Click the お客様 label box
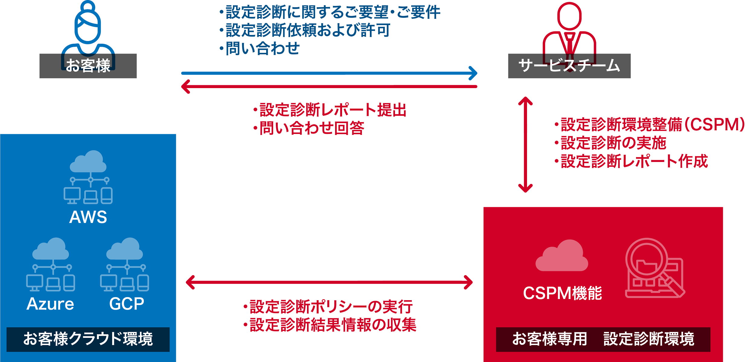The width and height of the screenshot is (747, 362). click(88, 66)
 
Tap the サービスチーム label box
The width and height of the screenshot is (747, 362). click(569, 66)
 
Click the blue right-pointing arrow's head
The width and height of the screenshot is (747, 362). click(473, 73)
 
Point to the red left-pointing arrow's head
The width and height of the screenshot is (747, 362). click(185, 87)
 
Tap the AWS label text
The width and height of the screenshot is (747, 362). click(88, 217)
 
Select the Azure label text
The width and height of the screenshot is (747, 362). click(50, 304)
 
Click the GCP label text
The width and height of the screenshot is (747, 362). click(127, 304)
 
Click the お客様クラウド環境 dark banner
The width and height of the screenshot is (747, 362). click(88, 339)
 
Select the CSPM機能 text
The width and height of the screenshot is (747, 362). click(562, 293)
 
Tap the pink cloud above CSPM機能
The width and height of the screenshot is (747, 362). click(562, 256)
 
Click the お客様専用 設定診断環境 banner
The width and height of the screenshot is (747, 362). click(603, 339)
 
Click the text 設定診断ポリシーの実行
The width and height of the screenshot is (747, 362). click(331, 306)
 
